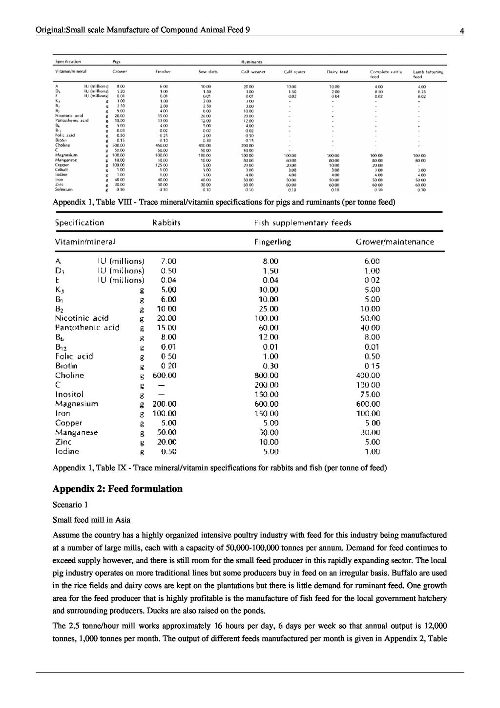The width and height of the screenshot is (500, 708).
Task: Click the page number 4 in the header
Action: coord(461,31)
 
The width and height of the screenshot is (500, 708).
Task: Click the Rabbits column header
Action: coord(167,223)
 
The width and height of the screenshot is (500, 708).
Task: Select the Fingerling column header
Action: coord(272,242)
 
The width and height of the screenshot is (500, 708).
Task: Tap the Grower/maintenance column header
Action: coord(395,242)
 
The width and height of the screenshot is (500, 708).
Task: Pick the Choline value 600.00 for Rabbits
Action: coord(164,376)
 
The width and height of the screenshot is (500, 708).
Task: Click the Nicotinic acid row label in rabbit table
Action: coord(82,318)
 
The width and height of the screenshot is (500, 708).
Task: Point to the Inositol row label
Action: coord(69,394)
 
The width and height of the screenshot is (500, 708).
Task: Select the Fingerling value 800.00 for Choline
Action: coord(270,376)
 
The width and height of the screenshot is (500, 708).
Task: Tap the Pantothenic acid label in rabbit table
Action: coord(87,328)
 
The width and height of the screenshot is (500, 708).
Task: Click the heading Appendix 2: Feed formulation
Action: coord(117,489)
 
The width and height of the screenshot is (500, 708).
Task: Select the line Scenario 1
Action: coord(70,504)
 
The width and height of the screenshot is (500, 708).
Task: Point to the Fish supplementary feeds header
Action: coord(303,223)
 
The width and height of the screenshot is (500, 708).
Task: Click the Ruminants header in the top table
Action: coord(251,62)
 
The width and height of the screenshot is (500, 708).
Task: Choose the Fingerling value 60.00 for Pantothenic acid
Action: coord(270,328)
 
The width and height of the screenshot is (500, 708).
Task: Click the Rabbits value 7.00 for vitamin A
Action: coord(168,261)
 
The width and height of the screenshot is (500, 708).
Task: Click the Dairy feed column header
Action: coord(337,72)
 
